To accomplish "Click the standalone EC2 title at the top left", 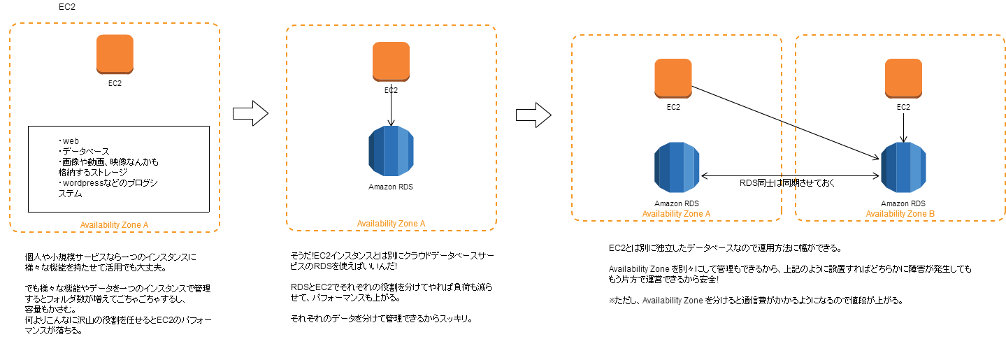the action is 67,7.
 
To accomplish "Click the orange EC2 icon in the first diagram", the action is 115,55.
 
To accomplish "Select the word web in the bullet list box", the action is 71,141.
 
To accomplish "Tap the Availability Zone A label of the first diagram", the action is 114,225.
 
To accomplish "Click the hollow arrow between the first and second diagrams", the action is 250,113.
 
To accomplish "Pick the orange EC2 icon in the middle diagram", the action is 391,62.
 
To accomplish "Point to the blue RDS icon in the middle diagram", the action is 391,151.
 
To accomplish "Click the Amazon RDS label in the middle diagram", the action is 391,187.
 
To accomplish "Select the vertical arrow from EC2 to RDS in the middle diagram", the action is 391,106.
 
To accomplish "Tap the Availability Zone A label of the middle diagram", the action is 391,224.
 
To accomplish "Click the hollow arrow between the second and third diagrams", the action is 533,115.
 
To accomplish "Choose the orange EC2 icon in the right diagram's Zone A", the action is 673,78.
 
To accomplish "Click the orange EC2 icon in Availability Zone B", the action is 904,78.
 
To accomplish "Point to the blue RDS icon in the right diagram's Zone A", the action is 677,168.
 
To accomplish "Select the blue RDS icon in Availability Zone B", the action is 904,168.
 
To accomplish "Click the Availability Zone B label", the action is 900,214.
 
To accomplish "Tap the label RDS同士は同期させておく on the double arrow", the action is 787,183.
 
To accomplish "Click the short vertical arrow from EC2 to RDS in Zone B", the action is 904,128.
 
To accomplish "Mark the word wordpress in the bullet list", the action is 83,183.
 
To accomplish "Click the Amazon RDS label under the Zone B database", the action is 903,203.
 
